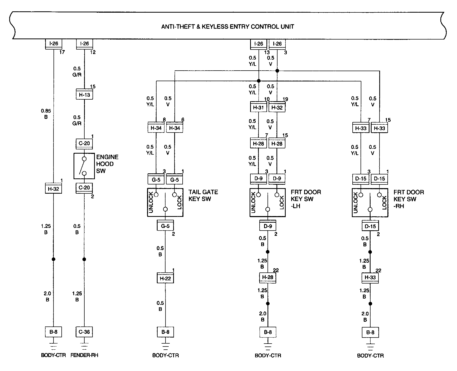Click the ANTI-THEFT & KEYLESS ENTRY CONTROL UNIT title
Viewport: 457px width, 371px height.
(x=227, y=27)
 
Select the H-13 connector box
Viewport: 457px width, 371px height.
(x=84, y=95)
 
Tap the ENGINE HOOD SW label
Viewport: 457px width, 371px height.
(x=107, y=164)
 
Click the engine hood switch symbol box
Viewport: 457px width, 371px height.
(x=84, y=166)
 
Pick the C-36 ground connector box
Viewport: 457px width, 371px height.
(x=84, y=332)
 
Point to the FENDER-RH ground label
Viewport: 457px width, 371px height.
(x=84, y=355)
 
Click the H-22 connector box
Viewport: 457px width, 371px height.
(x=165, y=279)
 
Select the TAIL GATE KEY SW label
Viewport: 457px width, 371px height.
(x=203, y=195)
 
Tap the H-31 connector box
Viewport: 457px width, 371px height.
(x=258, y=108)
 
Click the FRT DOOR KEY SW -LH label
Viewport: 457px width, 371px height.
(x=305, y=199)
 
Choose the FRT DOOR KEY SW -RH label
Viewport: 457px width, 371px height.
(x=409, y=199)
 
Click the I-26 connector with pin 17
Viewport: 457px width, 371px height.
(x=54, y=43)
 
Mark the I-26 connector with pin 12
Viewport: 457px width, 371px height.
(x=84, y=43)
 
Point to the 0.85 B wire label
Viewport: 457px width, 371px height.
(x=46, y=114)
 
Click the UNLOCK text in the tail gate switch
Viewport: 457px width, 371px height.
(x=151, y=202)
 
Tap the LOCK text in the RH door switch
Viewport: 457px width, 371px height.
(x=384, y=202)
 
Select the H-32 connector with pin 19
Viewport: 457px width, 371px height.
(x=277, y=108)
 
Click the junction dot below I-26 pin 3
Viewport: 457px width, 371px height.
(x=277, y=71)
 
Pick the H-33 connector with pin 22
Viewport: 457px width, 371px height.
(x=370, y=277)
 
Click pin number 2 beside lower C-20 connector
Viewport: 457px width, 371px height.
(x=92, y=197)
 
